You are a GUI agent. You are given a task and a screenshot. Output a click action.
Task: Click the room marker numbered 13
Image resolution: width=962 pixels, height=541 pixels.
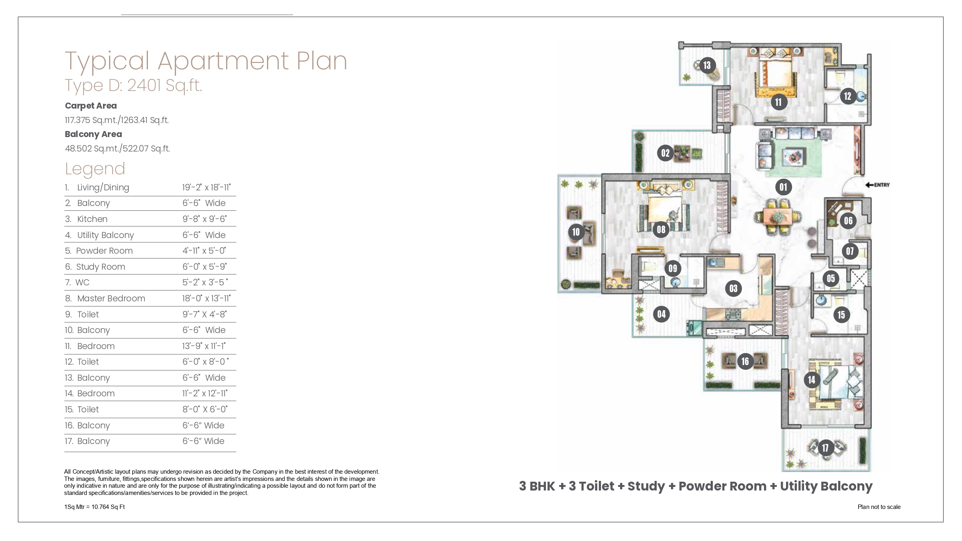click(x=707, y=65)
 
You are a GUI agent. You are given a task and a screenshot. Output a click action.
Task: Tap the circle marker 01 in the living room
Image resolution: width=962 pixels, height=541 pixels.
click(x=783, y=187)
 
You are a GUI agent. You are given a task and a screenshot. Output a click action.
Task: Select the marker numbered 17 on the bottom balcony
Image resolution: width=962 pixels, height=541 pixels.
click(x=825, y=448)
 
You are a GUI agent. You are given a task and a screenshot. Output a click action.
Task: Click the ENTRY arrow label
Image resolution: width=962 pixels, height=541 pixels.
click(x=877, y=185)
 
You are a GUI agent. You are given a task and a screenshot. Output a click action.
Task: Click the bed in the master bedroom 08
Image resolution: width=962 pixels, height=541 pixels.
click(x=664, y=214)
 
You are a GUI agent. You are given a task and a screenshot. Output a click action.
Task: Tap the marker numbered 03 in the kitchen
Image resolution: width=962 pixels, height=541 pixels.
click(x=733, y=288)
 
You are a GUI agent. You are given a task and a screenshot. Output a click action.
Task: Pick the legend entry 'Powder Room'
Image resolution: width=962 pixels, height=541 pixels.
click(x=99, y=251)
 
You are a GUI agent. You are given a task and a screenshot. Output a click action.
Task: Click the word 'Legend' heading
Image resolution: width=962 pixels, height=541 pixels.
click(x=95, y=169)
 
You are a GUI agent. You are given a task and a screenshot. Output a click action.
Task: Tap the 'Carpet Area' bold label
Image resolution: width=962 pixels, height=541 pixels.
click(x=91, y=106)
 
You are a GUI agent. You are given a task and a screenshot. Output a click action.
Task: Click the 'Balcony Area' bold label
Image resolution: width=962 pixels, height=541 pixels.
click(x=93, y=134)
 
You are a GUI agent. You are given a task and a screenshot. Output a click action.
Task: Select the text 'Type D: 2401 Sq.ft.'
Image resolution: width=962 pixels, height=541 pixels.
click(x=133, y=85)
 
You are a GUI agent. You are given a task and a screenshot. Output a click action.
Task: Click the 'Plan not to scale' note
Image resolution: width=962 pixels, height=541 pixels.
click(x=879, y=507)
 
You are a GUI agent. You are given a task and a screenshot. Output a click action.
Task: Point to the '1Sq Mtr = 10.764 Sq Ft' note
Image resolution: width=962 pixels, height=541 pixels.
click(x=95, y=507)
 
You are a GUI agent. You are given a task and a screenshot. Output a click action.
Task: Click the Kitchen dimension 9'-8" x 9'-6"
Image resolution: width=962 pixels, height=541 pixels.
click(x=204, y=219)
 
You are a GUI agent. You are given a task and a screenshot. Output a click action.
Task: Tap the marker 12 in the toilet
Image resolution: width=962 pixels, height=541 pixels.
click(x=847, y=96)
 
